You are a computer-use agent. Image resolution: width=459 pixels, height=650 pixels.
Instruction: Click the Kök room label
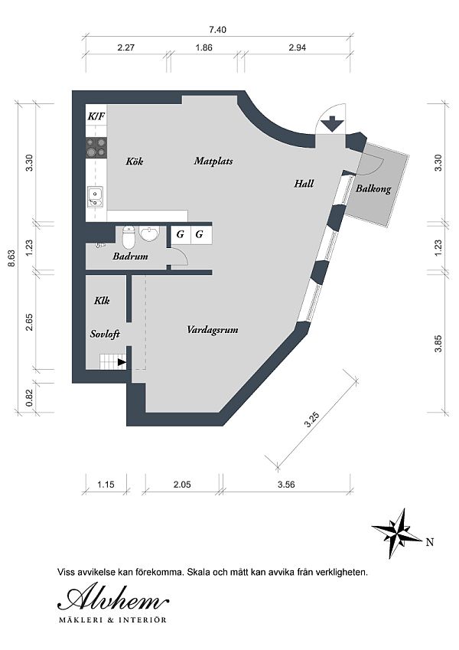click(135, 161)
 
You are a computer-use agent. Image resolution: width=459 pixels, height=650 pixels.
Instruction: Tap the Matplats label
click(213, 161)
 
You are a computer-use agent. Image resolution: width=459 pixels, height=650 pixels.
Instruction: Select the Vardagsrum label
click(212, 330)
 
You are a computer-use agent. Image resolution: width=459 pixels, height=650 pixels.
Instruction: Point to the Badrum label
click(130, 256)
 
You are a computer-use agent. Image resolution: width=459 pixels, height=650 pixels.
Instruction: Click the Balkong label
click(373, 189)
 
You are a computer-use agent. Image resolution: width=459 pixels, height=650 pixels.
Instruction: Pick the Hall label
click(304, 183)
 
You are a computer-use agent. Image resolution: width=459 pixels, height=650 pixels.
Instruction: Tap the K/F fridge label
click(96, 116)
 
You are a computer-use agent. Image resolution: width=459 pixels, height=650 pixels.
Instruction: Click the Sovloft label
click(105, 334)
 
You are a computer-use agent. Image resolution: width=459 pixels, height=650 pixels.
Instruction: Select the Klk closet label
click(102, 300)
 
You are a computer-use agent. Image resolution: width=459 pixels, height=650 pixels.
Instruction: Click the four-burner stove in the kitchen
click(96, 148)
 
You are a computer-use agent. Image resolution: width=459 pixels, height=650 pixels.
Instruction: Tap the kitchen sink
click(96, 197)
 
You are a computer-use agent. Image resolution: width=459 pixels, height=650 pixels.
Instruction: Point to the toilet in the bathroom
click(129, 237)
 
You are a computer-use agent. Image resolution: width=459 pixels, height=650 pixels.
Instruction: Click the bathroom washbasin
click(148, 234)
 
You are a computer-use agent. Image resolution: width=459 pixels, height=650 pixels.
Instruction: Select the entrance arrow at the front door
click(332, 124)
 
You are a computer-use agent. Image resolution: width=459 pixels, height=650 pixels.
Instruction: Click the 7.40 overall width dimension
click(218, 30)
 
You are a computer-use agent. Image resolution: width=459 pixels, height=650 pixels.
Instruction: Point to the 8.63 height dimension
click(11, 258)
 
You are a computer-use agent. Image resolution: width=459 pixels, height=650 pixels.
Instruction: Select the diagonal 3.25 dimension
click(311, 419)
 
